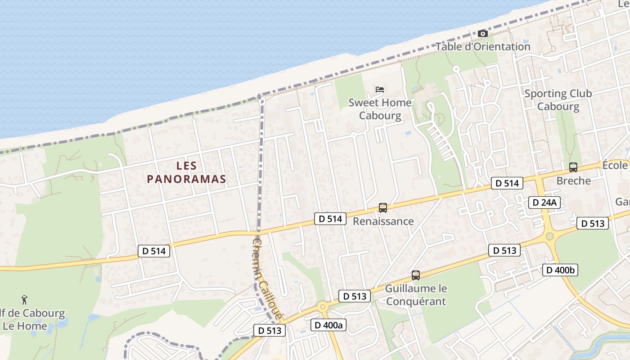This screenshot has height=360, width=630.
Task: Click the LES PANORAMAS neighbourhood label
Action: point(186,172)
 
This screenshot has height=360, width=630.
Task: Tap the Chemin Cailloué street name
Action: point(267,279)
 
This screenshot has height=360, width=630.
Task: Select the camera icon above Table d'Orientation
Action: point(482,34)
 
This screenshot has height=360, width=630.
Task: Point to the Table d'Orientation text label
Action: point(483,46)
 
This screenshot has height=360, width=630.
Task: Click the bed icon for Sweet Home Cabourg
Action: point(380,90)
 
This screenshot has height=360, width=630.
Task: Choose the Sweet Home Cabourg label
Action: point(380,109)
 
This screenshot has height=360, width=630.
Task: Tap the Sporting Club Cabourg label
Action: point(558,100)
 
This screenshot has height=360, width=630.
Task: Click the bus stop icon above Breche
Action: point(573,167)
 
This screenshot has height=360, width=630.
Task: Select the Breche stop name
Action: point(573,181)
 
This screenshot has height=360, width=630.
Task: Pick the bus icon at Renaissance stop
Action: point(383,208)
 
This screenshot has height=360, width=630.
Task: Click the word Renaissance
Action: point(383,221)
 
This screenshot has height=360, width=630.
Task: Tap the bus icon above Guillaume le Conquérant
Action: point(416,275)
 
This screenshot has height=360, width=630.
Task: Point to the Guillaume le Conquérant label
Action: point(416,295)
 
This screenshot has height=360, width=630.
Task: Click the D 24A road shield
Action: point(544,202)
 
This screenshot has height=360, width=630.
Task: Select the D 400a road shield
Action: point(328,325)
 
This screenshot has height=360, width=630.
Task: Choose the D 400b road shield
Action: point(560,270)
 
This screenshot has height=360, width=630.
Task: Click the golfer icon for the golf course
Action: point(25,299)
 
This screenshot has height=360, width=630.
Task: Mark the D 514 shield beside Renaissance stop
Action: point(330,219)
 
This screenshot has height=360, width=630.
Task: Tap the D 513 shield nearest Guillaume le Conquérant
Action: point(355,296)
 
